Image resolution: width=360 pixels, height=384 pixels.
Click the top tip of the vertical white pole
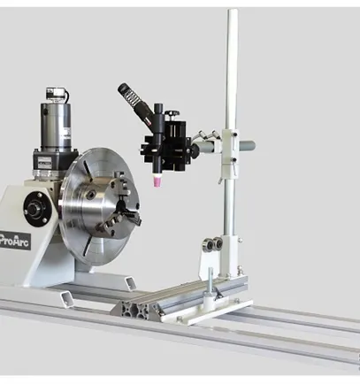[x=231, y=12]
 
